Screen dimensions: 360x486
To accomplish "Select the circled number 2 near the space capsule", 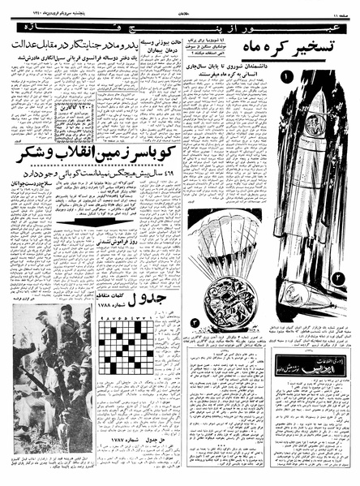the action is click(337, 278).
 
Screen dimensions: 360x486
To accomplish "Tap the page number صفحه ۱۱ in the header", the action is click(342, 7).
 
